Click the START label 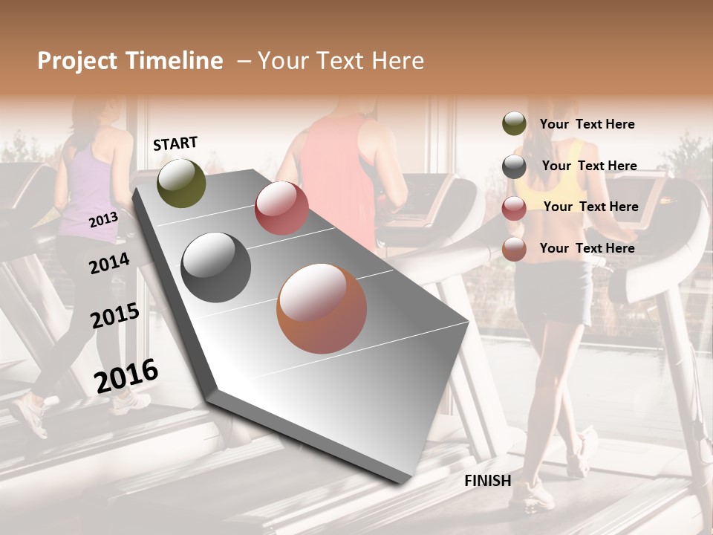click(x=175, y=143)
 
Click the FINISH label click(x=487, y=481)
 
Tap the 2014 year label click(x=109, y=263)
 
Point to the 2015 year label click(x=114, y=316)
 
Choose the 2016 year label click(x=126, y=375)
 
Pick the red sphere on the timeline click(x=281, y=208)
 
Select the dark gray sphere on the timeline click(x=216, y=267)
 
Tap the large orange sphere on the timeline click(x=322, y=308)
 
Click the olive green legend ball click(x=514, y=124)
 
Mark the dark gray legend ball click(x=514, y=166)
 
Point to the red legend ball click(x=514, y=208)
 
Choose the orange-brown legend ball click(x=514, y=249)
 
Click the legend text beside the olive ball click(x=587, y=124)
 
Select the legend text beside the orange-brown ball click(x=587, y=248)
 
